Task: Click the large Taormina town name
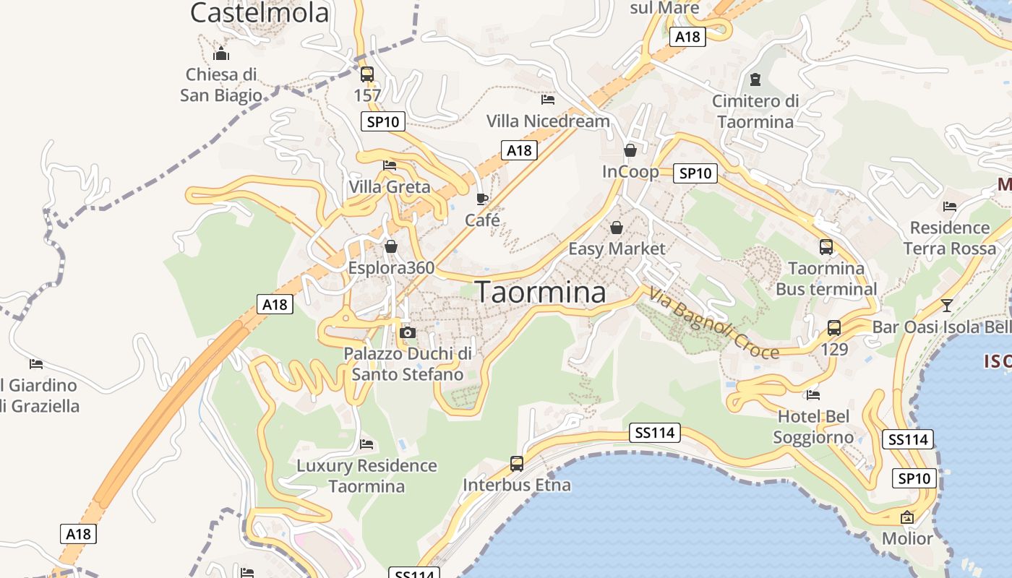tap(541, 292)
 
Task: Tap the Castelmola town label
tap(260, 12)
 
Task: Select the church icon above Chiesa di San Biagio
tap(220, 54)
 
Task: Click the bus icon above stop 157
tap(367, 74)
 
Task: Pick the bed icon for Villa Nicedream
tap(548, 100)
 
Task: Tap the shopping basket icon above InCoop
tap(630, 150)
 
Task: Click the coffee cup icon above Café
tap(482, 199)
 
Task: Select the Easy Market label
tap(617, 249)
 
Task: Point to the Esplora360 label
tap(391, 268)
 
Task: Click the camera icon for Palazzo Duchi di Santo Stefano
tap(408, 332)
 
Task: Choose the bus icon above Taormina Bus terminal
tap(826, 247)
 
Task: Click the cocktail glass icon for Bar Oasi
tap(947, 305)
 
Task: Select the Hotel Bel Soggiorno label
tap(813, 427)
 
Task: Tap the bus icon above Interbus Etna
tap(516, 464)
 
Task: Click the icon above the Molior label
tap(907, 517)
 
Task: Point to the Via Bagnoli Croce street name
tap(713, 323)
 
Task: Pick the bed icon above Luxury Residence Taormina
tap(366, 444)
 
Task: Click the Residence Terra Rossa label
tap(949, 238)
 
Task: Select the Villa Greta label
tap(389, 187)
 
